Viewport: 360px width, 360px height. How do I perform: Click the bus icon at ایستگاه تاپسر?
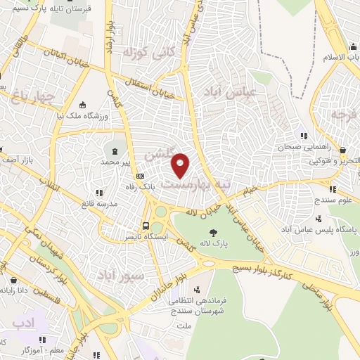tap(145, 226)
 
